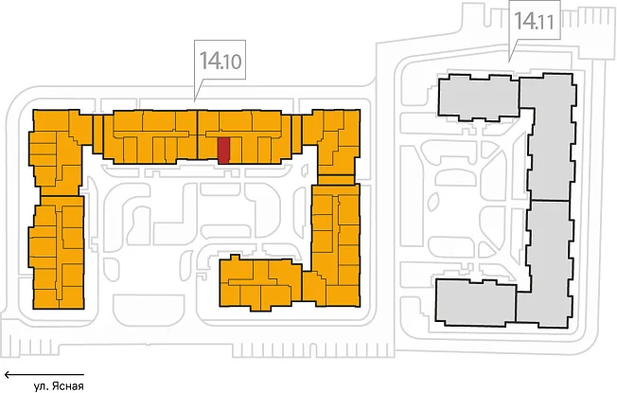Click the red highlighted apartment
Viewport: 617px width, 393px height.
point(224,151)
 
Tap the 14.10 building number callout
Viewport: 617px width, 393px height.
point(220,61)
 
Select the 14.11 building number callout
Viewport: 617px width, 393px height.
point(535,20)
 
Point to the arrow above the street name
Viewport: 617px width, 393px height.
point(44,374)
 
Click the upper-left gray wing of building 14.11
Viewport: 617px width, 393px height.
point(479,97)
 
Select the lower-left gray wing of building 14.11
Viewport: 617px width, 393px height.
point(476,302)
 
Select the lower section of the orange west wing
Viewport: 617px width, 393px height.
point(56,252)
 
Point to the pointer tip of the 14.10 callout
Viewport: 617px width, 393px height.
point(195,100)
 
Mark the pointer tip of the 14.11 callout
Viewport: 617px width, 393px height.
point(510,61)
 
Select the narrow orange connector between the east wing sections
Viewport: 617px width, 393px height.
point(336,180)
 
